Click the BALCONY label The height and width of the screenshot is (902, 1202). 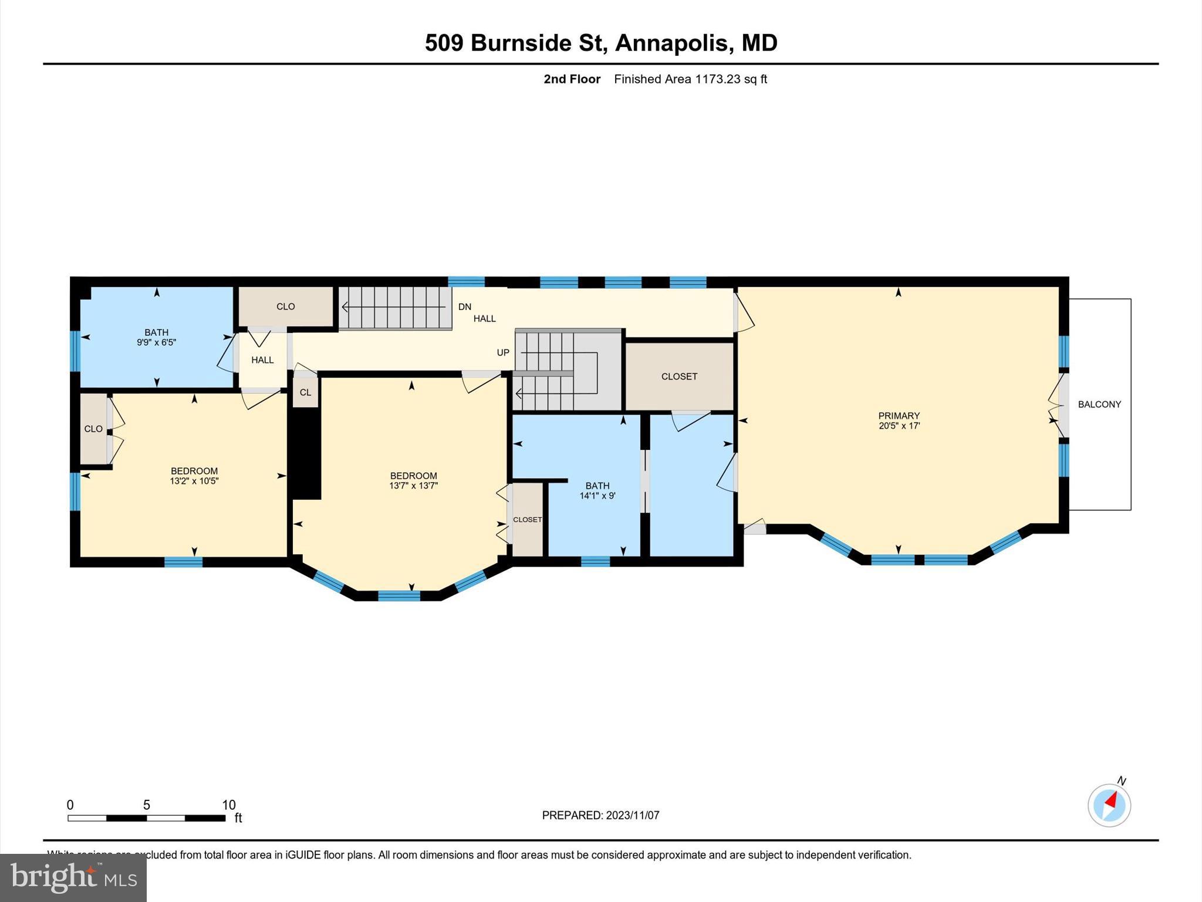tap(1099, 404)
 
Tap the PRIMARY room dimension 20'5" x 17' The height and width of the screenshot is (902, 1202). tap(899, 426)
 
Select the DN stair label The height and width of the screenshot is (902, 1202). tap(464, 307)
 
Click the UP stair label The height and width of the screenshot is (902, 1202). tap(503, 352)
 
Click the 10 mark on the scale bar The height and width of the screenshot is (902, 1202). tap(228, 805)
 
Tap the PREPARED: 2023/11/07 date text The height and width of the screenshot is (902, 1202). tap(600, 815)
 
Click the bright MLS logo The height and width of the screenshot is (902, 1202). tap(73, 877)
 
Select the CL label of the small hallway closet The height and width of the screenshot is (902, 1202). tap(305, 392)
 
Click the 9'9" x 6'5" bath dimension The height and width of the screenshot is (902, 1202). tap(156, 342)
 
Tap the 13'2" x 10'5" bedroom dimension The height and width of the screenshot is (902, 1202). tap(194, 481)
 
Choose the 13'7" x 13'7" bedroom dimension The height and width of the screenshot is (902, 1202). tap(413, 486)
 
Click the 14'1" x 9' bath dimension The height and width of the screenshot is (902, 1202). tap(597, 496)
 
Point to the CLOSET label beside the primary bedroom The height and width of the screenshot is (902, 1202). tap(679, 376)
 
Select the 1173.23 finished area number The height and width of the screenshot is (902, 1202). tap(717, 79)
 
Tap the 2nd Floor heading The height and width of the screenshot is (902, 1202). tap(572, 79)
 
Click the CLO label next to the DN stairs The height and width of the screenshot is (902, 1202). tap(285, 307)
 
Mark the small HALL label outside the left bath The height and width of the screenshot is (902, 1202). tap(262, 360)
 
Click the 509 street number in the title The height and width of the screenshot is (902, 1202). tap(444, 43)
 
